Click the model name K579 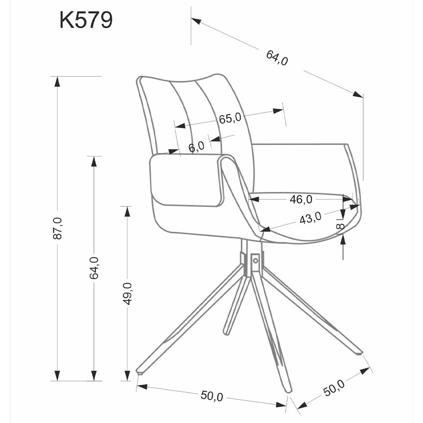pyautogui.click(x=86, y=20)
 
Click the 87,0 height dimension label pyautogui.click(x=58, y=228)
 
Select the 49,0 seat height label pyautogui.click(x=127, y=294)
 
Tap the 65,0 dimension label pyautogui.click(x=230, y=118)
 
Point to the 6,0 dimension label pyautogui.click(x=196, y=147)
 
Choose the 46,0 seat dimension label pyautogui.click(x=301, y=199)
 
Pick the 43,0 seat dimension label pyautogui.click(x=310, y=218)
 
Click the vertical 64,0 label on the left pyautogui.click(x=94, y=268)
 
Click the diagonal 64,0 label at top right pyautogui.click(x=277, y=58)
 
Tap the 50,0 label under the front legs pyautogui.click(x=212, y=396)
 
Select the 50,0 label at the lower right pyautogui.click(x=334, y=388)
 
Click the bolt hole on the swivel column pyautogui.click(x=255, y=261)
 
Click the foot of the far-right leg pyautogui.click(x=359, y=353)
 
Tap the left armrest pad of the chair pyautogui.click(x=186, y=180)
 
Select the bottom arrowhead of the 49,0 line pyautogui.click(x=127, y=375)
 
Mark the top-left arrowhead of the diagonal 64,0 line pyautogui.click(x=196, y=21)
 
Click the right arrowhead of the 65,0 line pyautogui.click(x=278, y=111)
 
